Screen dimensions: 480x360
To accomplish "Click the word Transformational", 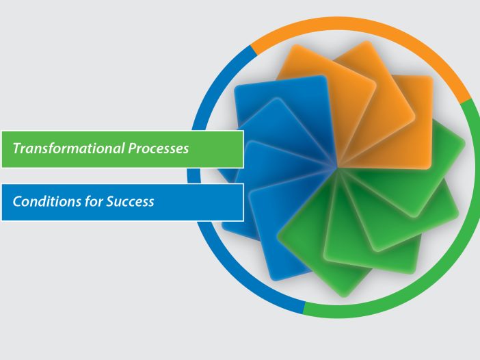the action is (68, 149).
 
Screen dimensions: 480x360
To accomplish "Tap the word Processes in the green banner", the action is (158, 149).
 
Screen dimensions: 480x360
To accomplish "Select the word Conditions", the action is (46, 201).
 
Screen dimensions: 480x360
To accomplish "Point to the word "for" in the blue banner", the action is (94, 201).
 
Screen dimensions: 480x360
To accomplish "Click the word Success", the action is (130, 201).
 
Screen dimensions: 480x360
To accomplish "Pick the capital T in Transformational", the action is (17, 149).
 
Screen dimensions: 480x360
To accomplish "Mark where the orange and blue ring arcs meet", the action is (254, 50).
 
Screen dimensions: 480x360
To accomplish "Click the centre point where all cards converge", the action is (336, 168).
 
